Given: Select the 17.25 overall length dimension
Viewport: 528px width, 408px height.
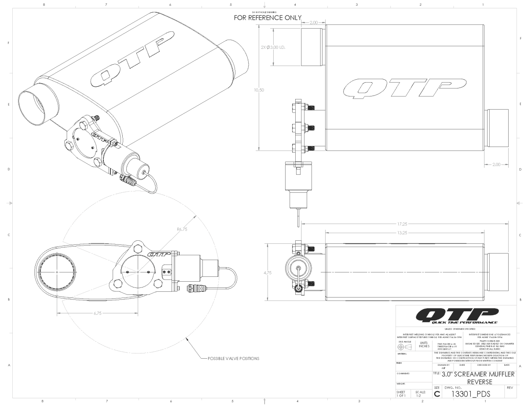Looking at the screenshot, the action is tap(402, 224).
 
